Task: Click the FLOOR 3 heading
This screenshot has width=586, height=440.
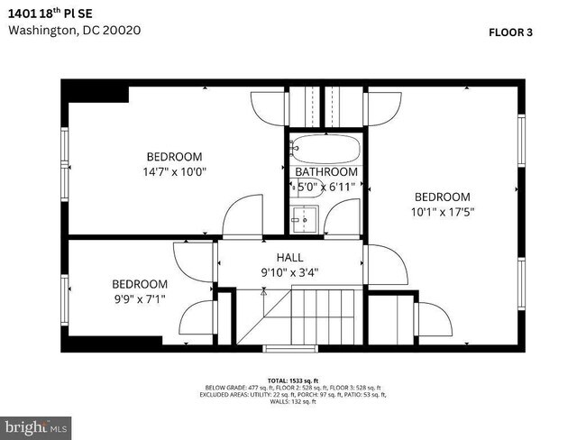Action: pyautogui.click(x=510, y=32)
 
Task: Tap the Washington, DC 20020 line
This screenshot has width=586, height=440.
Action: pyautogui.click(x=75, y=30)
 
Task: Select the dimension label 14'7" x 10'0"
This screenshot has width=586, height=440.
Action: pyautogui.click(x=174, y=171)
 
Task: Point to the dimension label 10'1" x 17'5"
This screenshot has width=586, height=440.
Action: pyautogui.click(x=442, y=213)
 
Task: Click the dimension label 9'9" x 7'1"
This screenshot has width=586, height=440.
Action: pyautogui.click(x=140, y=298)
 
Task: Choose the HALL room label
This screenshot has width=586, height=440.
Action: pyautogui.click(x=289, y=256)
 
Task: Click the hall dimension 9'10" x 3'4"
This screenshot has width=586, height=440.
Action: pyautogui.click(x=289, y=271)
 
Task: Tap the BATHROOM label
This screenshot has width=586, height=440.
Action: pyautogui.click(x=326, y=171)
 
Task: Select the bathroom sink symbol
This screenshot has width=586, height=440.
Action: pyautogui.click(x=304, y=218)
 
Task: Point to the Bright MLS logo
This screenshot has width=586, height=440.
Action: pyautogui.click(x=36, y=425)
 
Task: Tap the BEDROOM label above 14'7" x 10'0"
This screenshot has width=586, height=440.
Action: pyautogui.click(x=174, y=156)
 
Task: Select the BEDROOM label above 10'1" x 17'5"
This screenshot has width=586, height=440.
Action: pyautogui.click(x=442, y=197)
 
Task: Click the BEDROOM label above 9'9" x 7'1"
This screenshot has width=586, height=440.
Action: pyautogui.click(x=140, y=283)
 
